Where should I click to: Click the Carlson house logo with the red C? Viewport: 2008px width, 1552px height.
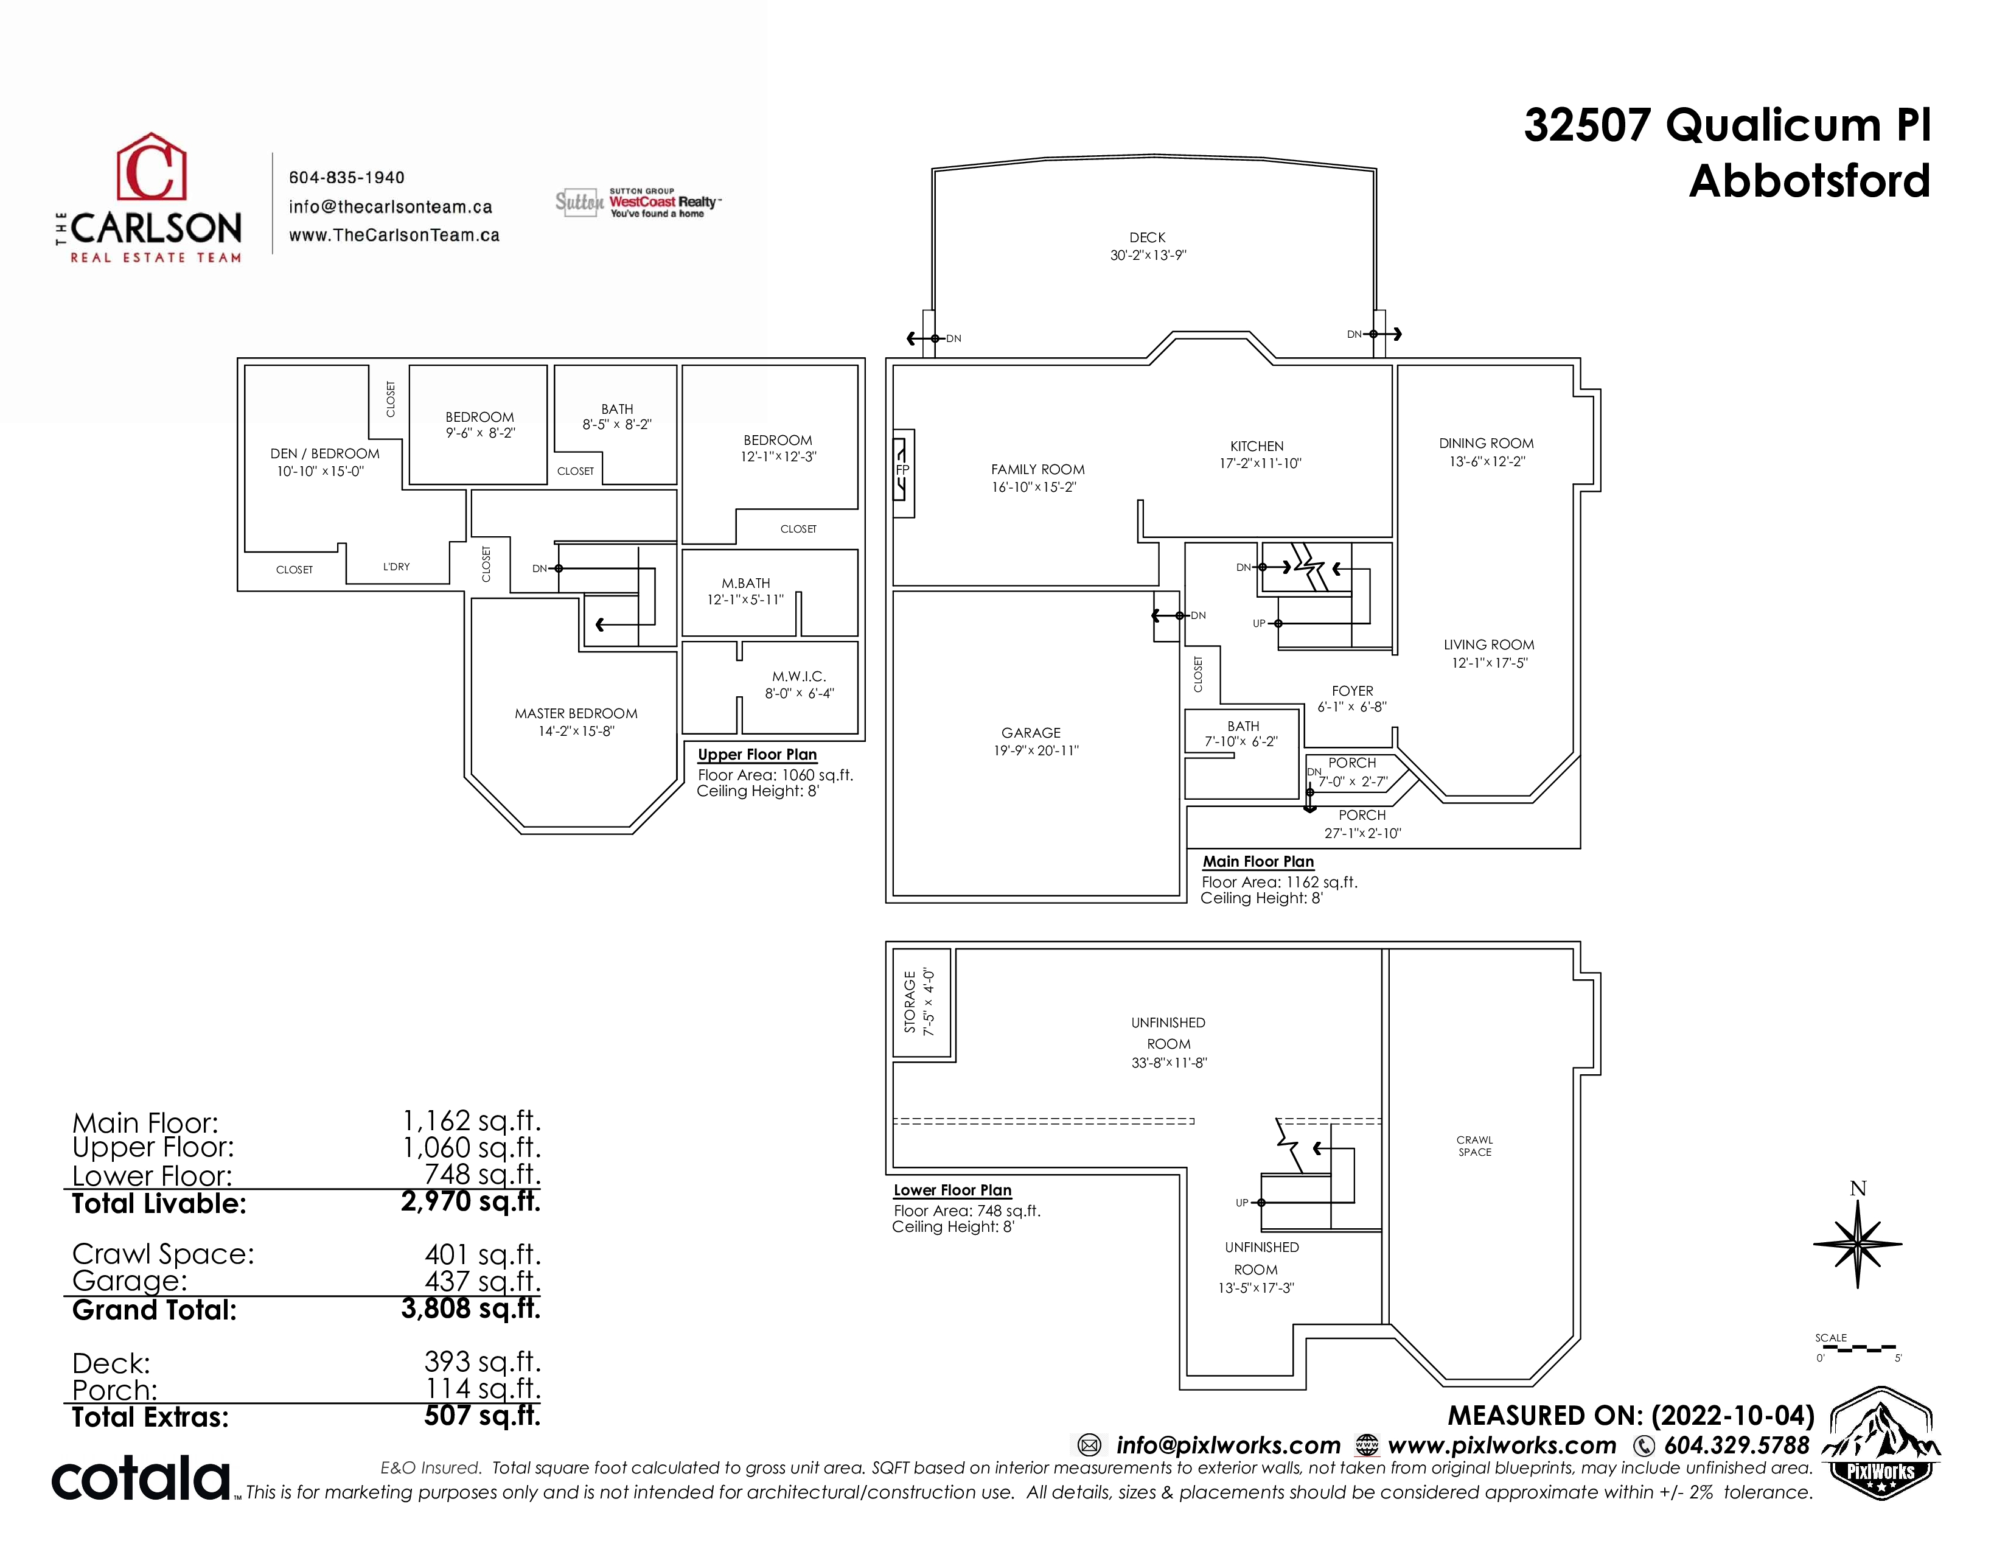[x=151, y=167]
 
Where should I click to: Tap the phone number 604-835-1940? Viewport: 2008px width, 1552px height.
[x=347, y=178]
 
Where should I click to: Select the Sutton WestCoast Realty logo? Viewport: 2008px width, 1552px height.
[x=638, y=202]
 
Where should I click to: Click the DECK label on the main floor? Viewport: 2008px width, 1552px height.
[x=1148, y=237]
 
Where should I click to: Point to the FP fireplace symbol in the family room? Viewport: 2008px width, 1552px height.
[x=903, y=470]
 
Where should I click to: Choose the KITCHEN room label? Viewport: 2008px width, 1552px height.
[x=1257, y=446]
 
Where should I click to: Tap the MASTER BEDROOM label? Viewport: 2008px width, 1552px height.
[x=576, y=713]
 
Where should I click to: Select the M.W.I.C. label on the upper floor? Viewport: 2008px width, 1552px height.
[x=799, y=677]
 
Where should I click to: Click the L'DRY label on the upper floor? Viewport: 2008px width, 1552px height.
[x=396, y=567]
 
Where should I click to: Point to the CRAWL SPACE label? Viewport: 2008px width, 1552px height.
[x=1475, y=1145]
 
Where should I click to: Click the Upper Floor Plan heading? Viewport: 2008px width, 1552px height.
[x=757, y=755]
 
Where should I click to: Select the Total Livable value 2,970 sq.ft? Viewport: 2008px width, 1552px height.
[x=471, y=1201]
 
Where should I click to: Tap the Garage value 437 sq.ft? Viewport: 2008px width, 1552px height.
[x=483, y=1281]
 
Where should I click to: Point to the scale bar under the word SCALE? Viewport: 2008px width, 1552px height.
[x=1857, y=1349]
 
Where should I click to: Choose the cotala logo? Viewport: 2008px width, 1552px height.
[x=141, y=1478]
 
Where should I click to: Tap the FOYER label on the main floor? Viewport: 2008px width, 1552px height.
[x=1353, y=691]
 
